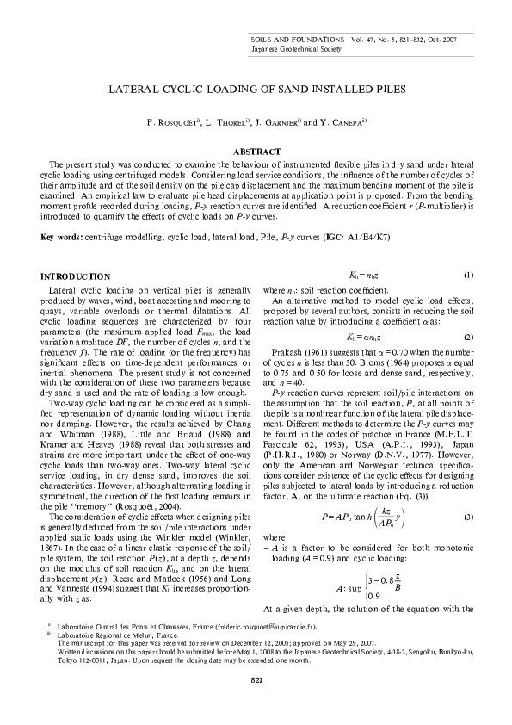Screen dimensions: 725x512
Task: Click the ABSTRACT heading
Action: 256,152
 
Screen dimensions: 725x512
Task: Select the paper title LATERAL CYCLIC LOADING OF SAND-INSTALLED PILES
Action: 256,88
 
